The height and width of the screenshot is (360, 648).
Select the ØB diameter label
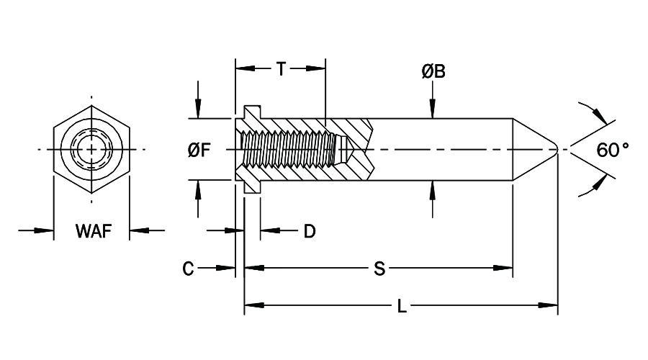433,71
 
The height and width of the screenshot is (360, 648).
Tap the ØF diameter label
199,150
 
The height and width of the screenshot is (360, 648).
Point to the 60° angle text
613,150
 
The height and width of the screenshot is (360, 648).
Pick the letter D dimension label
309,231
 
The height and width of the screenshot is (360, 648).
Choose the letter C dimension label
188,269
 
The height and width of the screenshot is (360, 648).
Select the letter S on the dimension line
379,269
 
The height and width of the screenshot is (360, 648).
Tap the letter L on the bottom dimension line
402,307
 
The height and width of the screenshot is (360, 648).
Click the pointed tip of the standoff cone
557,150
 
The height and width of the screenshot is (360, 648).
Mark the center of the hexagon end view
91,150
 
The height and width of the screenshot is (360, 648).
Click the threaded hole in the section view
288,150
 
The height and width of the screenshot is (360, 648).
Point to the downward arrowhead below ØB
432,112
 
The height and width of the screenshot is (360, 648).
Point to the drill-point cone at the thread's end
344,150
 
